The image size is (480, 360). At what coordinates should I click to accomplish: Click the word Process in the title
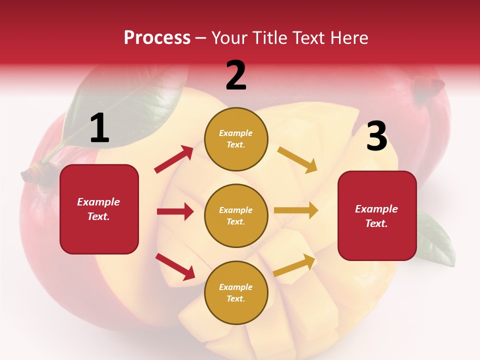tap(157, 37)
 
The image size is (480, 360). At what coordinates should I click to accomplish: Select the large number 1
tap(99, 128)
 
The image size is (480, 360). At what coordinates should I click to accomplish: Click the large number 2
tap(236, 75)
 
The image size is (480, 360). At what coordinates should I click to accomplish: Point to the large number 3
tap(376, 136)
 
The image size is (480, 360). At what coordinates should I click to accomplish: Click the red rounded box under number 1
tap(99, 209)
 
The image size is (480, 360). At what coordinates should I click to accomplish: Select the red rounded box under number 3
tap(377, 215)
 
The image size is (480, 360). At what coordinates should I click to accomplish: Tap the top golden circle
tap(236, 139)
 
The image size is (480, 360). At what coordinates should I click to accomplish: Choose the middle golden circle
tap(236, 215)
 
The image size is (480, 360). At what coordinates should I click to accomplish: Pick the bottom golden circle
tap(236, 292)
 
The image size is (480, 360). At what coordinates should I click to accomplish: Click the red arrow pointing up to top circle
tap(174, 159)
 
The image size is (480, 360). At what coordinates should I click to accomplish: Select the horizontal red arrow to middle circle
tap(175, 211)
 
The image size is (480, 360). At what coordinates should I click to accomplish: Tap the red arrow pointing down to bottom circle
tap(175, 266)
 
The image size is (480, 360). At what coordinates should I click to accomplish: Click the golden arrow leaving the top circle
tap(297, 159)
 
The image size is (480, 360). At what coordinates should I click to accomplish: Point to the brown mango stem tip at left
tap(30, 174)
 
